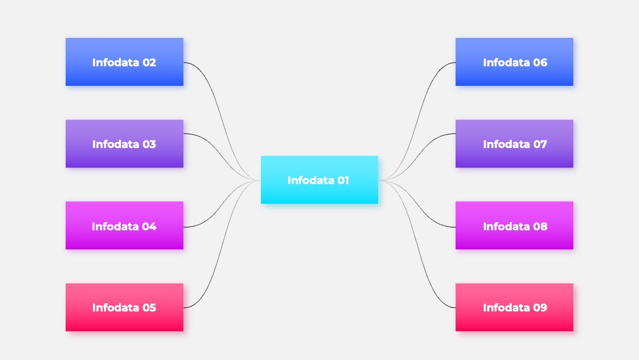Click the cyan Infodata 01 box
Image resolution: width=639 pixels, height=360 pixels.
click(319, 179)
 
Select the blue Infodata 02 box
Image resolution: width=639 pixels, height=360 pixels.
click(124, 62)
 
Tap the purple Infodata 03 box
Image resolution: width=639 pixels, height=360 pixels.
click(124, 143)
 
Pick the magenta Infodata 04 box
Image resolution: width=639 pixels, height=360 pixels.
click(124, 225)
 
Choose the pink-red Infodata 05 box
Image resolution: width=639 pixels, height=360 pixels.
click(124, 307)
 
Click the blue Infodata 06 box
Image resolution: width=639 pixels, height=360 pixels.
click(514, 62)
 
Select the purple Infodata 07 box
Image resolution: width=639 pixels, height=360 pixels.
click(514, 143)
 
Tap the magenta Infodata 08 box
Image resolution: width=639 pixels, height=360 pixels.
click(514, 225)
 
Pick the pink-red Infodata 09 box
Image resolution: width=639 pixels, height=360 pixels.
click(514, 307)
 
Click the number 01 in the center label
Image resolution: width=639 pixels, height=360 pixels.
click(343, 180)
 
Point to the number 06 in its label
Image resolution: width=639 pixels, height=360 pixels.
click(540, 62)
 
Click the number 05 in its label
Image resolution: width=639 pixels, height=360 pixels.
click(149, 307)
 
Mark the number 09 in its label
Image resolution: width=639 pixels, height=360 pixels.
click(540, 307)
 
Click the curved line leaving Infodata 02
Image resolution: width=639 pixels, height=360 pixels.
click(222, 121)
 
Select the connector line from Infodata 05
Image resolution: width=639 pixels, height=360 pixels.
click(222, 244)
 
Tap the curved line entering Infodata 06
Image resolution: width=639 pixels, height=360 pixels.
click(417, 121)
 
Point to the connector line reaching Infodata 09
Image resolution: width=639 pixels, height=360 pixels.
click(417, 244)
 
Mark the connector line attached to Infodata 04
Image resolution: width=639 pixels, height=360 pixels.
click(222, 204)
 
